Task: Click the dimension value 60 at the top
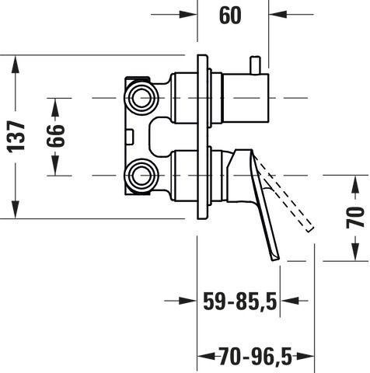pos(230,16)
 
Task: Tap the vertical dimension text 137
pos(16,137)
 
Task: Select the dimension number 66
pos(55,136)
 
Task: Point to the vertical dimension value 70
pos(355,218)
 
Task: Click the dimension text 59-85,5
pos(240,302)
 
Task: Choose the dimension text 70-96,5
pos(256,357)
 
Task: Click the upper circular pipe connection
pos(141,98)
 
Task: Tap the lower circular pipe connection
pos(141,176)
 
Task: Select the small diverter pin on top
pos(255,65)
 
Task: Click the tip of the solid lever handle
pos(276,258)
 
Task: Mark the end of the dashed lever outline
pos(310,229)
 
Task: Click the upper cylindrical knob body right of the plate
pos(246,98)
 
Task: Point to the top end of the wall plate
pos(203,55)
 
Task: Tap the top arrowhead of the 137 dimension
pos(16,64)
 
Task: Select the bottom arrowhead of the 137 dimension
pos(16,209)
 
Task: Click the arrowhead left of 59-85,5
pos(187,301)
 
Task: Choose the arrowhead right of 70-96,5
pos(305,357)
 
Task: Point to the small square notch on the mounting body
pos(129,136)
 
